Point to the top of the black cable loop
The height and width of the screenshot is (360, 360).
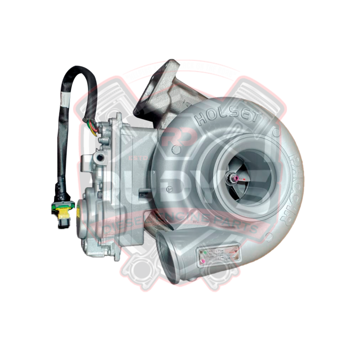click(x=77, y=69)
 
